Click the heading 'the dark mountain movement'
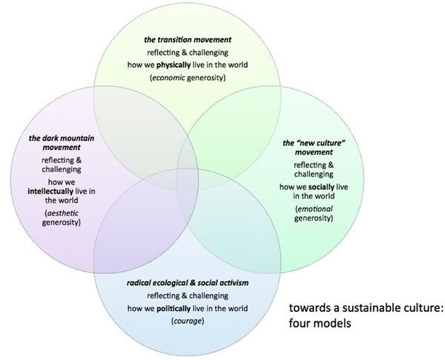coord(55,143)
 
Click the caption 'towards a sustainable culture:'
coord(364,309)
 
